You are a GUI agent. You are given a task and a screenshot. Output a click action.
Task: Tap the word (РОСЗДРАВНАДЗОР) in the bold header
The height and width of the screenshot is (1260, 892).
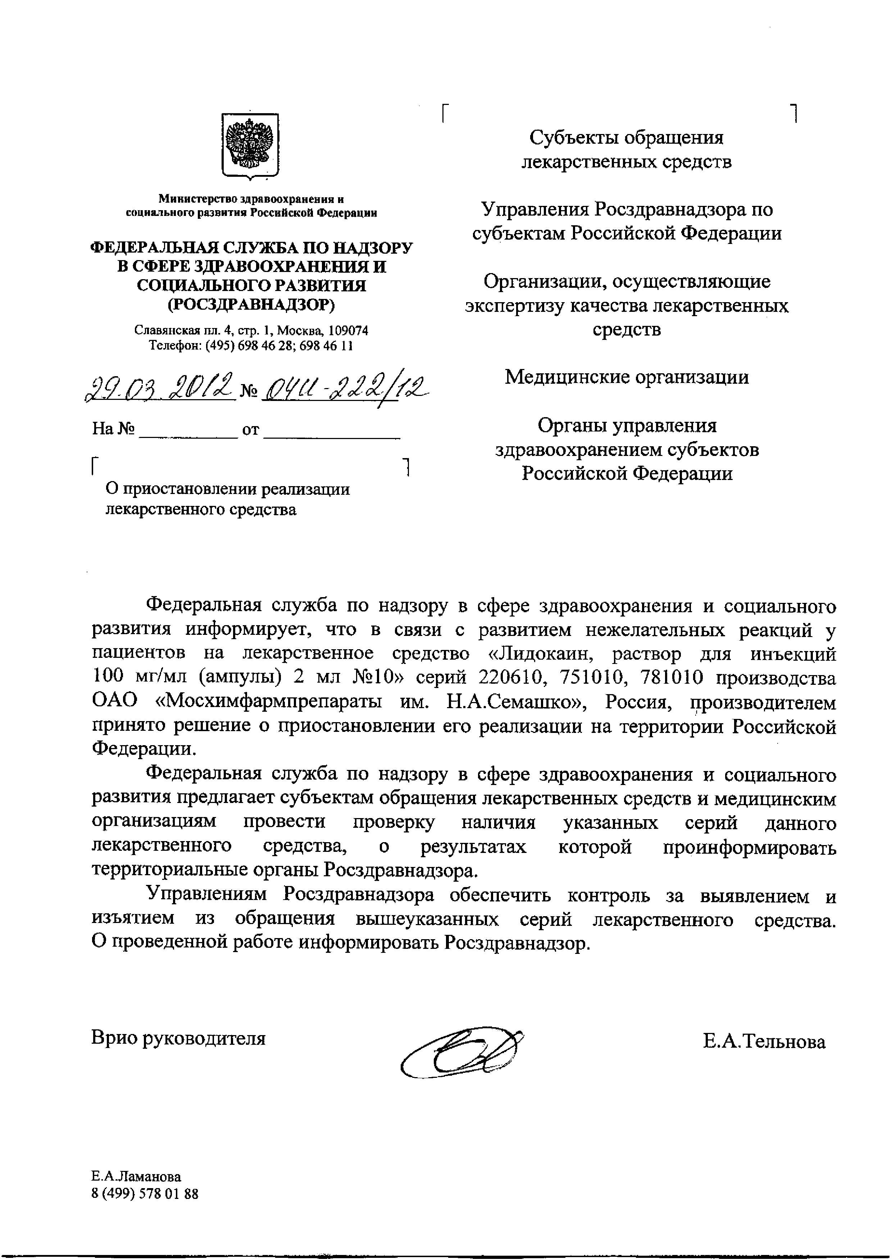pyautogui.click(x=251, y=304)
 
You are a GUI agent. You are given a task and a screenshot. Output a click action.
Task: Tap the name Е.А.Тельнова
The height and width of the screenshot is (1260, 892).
pyautogui.click(x=764, y=1042)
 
